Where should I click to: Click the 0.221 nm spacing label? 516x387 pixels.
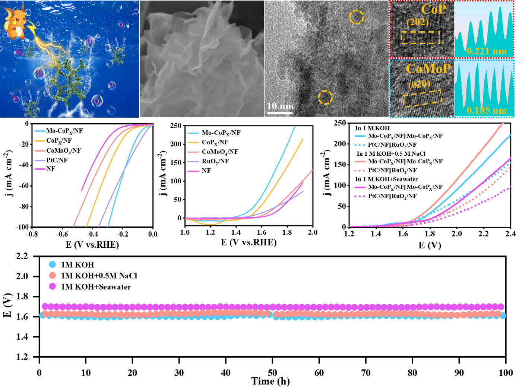[x=486, y=51]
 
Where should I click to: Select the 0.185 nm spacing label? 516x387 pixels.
[x=486, y=110]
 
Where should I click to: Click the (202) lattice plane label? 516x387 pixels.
[x=417, y=22]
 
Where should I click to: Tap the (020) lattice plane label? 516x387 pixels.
[x=419, y=85]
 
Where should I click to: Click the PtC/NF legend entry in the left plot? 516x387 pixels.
[x=57, y=160]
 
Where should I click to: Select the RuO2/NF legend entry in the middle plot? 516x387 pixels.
[x=215, y=161]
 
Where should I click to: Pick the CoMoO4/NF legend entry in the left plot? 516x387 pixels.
[x=63, y=150]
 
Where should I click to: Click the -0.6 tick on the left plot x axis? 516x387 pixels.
[x=62, y=234]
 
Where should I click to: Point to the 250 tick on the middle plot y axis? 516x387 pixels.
[x=175, y=126]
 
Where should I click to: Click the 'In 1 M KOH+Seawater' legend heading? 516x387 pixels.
[x=386, y=179]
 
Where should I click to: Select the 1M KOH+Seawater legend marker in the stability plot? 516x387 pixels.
[x=53, y=286]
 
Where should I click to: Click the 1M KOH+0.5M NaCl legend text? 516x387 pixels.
[x=99, y=276]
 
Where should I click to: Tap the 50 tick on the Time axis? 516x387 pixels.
[x=272, y=373]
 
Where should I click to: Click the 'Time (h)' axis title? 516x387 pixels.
[x=270, y=381]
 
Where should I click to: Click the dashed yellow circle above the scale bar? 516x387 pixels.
[x=325, y=97]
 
